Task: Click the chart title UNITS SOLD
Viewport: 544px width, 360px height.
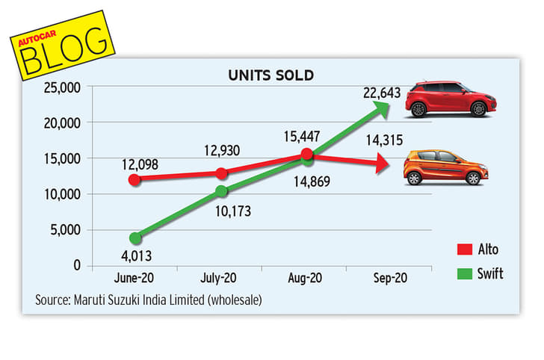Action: coord(271,75)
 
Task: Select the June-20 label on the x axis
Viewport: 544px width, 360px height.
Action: coord(135,278)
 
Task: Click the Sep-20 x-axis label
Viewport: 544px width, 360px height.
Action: coord(390,278)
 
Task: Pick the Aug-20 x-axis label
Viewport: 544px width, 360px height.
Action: coord(306,278)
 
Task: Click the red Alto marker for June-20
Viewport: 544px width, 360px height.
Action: coord(135,179)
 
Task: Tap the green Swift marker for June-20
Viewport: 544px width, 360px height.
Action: coord(135,238)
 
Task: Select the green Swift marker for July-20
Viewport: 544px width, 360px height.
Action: coord(221,191)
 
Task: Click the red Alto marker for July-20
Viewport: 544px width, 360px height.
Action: coord(221,173)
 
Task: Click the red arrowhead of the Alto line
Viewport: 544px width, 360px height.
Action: coord(383,164)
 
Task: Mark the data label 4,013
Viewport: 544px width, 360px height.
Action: coord(135,256)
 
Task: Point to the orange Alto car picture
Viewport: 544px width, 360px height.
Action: coord(445,167)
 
